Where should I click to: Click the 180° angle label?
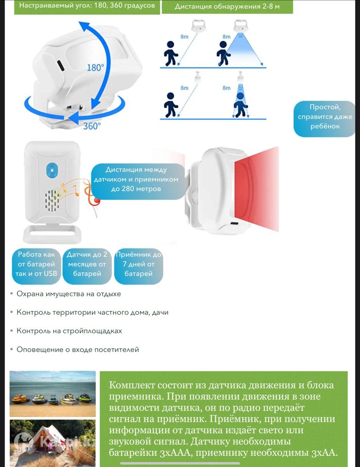point(95,68)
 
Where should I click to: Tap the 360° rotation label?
point(92,126)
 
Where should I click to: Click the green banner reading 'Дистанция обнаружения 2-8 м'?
point(227,7)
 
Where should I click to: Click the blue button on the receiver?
point(52,170)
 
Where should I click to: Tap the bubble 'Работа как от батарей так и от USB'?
point(36,266)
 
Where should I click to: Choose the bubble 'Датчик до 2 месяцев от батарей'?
point(87,266)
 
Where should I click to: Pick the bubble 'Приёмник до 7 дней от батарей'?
point(138,266)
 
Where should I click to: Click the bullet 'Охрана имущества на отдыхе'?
point(69,294)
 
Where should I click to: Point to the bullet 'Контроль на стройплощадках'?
point(69,331)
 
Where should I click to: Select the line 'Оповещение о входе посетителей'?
point(78,349)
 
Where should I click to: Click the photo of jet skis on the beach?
point(52,394)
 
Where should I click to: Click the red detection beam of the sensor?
point(257,189)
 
